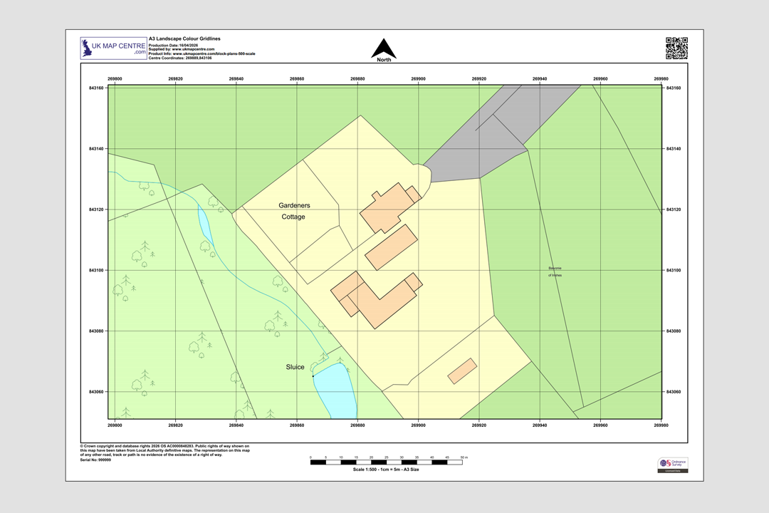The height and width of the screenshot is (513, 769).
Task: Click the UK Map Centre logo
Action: (x=113, y=48)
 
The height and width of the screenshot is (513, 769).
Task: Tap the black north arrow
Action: (x=384, y=49)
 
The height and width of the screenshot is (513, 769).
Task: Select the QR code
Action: (x=676, y=48)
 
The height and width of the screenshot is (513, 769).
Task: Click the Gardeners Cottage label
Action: (x=294, y=211)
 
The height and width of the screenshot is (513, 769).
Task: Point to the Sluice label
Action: (x=295, y=367)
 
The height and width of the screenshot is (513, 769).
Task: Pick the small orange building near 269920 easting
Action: (x=462, y=371)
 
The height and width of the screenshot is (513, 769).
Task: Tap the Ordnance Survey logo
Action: (x=673, y=464)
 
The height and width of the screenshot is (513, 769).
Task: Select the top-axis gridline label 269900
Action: (x=419, y=79)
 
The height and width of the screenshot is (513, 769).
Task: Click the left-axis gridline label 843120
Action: (x=96, y=209)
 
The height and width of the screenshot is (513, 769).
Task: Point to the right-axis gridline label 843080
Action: (x=673, y=331)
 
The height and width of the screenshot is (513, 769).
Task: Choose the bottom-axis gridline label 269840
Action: (x=236, y=425)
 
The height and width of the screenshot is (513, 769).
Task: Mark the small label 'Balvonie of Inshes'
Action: (x=555, y=271)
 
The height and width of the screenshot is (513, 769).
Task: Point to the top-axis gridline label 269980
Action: (x=661, y=79)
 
